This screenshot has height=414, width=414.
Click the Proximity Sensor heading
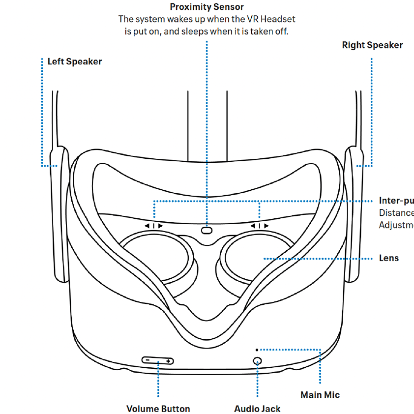click(x=207, y=7)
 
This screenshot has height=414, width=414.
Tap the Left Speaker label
click(x=74, y=62)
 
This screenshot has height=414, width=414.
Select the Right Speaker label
click(x=372, y=45)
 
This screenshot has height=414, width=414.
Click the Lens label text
click(x=389, y=258)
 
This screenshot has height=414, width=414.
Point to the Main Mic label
click(x=320, y=395)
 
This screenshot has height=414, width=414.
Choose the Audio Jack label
click(x=257, y=409)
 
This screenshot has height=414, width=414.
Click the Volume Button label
click(x=158, y=409)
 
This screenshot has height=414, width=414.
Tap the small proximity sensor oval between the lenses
click(x=207, y=229)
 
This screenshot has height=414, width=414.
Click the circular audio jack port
click(x=257, y=360)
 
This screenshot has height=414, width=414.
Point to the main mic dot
click(x=257, y=349)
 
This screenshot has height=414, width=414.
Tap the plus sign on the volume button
click(x=169, y=361)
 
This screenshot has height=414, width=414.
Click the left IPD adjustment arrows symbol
click(x=153, y=226)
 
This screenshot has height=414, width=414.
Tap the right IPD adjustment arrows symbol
click(x=260, y=226)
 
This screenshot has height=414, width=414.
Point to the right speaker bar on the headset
click(x=355, y=216)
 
